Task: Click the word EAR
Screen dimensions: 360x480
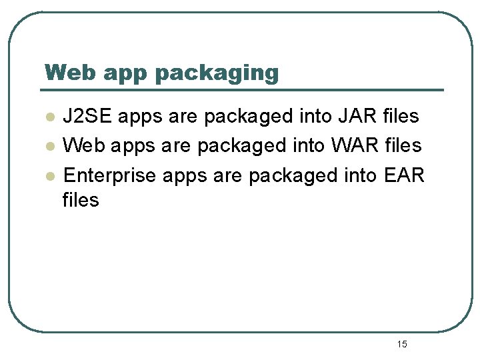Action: point(405,175)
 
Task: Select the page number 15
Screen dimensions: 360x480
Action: point(401,344)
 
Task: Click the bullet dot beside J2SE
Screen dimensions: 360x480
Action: point(49,117)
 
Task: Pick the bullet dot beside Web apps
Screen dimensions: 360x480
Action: point(49,147)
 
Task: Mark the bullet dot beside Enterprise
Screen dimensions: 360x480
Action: point(49,176)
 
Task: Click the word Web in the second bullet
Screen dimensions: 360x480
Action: point(82,146)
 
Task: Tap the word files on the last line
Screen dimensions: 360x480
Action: point(80,200)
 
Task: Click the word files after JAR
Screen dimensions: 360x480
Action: point(401,117)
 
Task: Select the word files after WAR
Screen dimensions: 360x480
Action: point(404,146)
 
